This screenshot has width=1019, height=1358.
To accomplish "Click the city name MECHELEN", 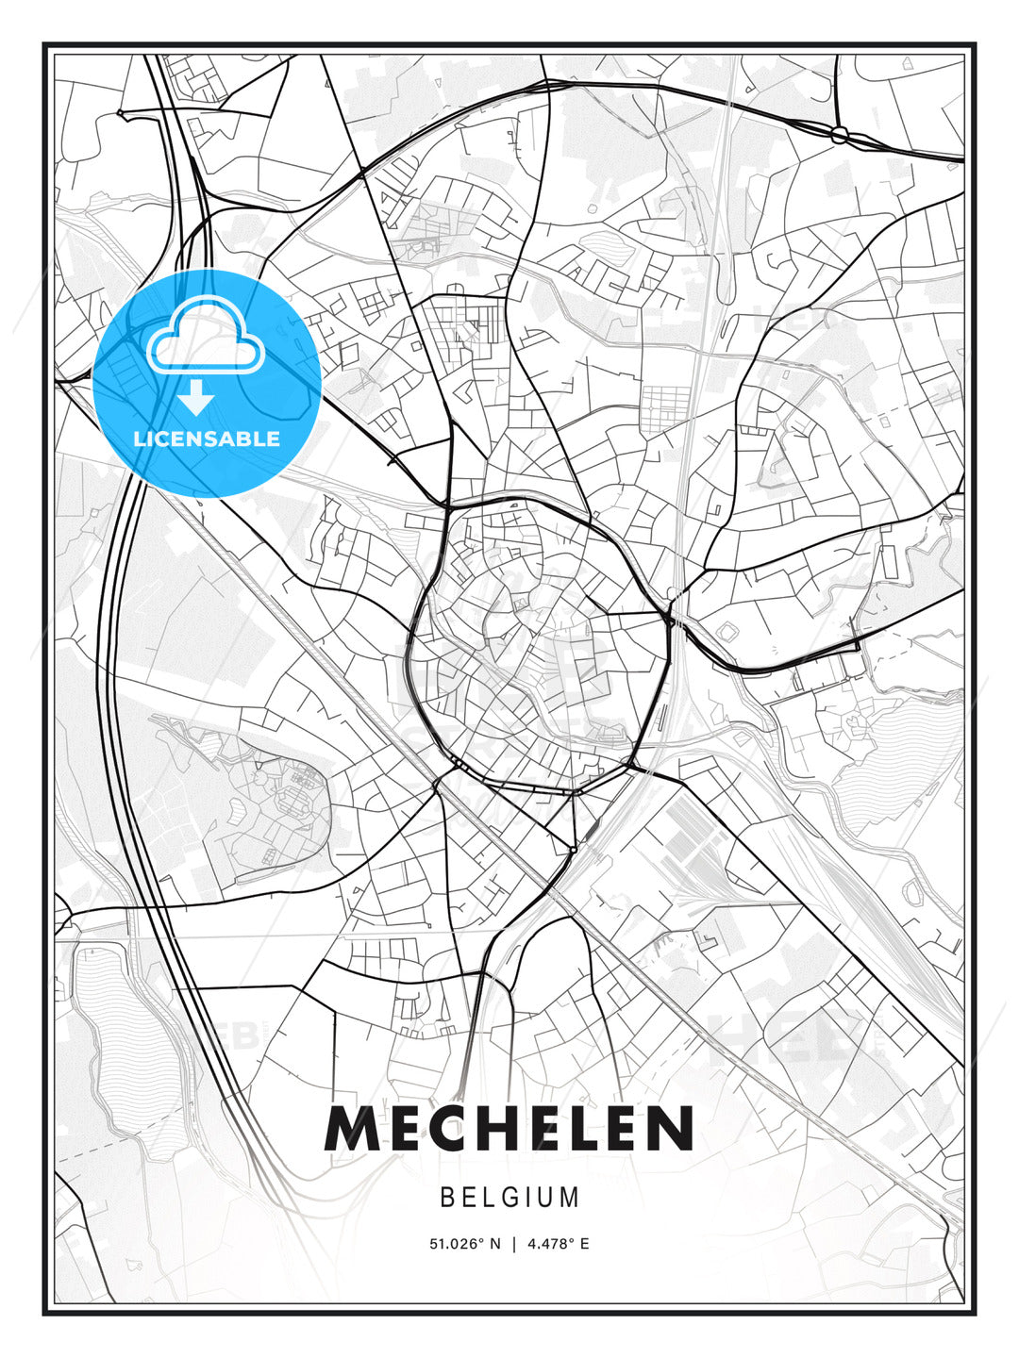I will [509, 1129].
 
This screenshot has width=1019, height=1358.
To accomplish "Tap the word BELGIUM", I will [509, 1198].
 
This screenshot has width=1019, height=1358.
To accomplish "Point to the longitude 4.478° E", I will [559, 1244].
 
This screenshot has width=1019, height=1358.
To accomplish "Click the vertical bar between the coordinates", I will [514, 1244].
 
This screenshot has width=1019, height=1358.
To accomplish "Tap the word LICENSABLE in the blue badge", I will [207, 439].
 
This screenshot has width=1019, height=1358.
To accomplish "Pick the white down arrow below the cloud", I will [196, 398].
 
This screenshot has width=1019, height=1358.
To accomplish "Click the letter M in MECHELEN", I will [353, 1129].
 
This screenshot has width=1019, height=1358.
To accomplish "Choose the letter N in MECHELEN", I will [670, 1129].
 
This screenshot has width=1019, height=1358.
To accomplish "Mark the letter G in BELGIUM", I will [511, 1198].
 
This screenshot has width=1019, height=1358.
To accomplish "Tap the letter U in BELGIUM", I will [549, 1198].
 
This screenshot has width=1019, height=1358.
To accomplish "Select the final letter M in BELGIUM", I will [571, 1198].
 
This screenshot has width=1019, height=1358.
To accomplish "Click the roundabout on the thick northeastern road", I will [839, 134].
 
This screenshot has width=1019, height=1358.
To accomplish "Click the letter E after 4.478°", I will [585, 1244].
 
